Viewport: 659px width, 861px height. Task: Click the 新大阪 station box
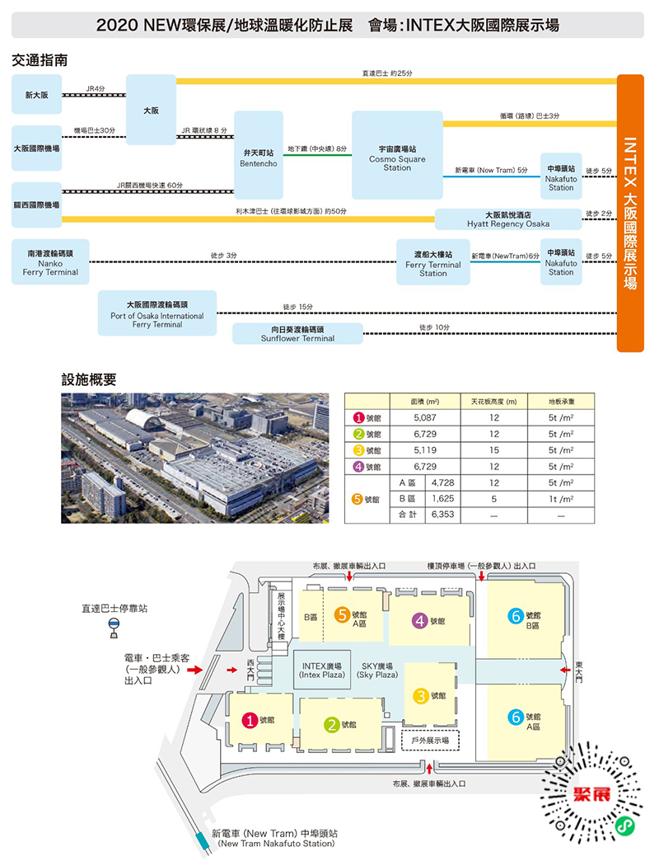coord(36,96)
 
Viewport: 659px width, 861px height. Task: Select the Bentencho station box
coord(258,158)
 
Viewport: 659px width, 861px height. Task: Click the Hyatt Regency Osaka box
coord(507,219)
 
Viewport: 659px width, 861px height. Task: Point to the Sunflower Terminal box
coord(297,334)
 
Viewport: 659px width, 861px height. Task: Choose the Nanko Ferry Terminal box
coord(50,262)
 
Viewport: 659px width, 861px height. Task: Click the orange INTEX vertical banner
coord(630,213)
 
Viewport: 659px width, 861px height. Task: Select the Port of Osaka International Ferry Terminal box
coord(157,313)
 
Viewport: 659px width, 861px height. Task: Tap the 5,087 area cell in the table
coord(425,417)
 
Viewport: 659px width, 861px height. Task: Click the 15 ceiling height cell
coord(494,450)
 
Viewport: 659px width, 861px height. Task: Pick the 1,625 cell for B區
coord(438,499)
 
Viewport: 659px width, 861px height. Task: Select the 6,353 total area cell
coord(438,515)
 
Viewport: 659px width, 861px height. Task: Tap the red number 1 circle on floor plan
coord(249,720)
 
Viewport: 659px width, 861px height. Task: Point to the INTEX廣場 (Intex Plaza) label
coord(322,670)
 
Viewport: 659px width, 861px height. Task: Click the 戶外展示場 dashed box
coord(430,741)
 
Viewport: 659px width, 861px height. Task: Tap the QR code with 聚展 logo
coord(591,793)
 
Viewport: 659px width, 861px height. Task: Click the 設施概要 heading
coord(89,380)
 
